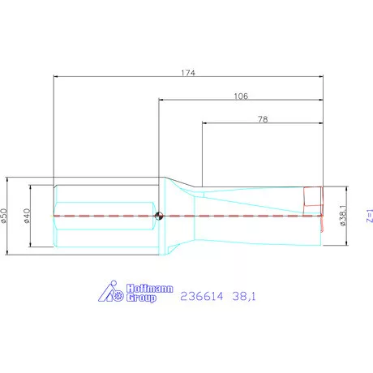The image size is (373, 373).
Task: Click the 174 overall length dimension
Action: [189, 72]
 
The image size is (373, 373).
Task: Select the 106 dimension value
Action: [240, 95]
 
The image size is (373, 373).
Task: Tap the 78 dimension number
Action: [262, 118]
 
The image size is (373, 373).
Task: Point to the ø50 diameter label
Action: [6, 216]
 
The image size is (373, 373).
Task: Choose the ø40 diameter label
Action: [28, 216]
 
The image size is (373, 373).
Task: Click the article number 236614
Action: [199, 298]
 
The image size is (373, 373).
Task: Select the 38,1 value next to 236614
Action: [243, 298]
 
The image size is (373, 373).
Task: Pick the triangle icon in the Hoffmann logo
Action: [110, 294]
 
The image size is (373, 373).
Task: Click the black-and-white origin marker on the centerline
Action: [160, 216]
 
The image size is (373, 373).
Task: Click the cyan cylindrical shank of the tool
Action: [101, 199]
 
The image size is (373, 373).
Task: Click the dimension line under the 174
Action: [122, 78]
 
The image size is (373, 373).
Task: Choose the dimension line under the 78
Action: [235, 124]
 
